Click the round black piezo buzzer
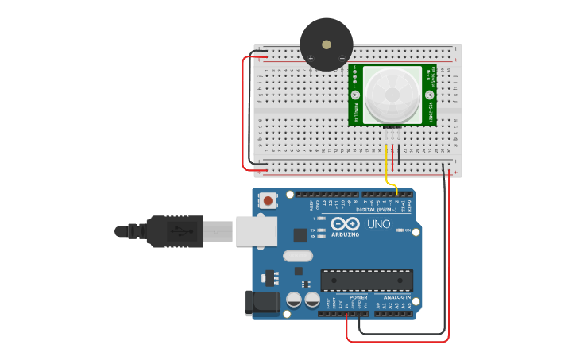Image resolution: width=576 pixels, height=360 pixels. click(327, 45)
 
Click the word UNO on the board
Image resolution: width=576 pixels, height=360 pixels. click(379, 224)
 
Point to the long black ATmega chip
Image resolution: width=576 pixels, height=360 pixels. click(366, 281)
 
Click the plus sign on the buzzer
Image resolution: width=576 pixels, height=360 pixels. click(311, 58)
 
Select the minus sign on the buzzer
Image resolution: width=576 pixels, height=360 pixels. click(342, 58)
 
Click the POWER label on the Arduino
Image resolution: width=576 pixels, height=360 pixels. click(347, 297)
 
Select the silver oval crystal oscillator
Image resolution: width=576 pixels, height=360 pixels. click(298, 256)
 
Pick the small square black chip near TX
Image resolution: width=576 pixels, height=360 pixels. click(300, 234)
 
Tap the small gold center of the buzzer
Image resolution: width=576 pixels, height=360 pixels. click(327, 43)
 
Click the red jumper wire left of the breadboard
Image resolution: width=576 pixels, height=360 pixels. click(243, 111)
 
